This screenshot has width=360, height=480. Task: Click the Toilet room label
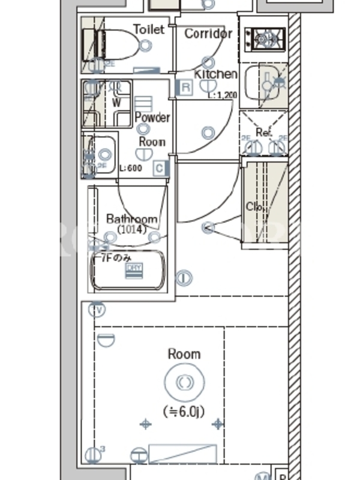(x=148, y=29)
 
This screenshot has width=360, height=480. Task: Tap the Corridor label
(x=208, y=34)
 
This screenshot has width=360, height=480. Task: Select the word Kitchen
(x=215, y=74)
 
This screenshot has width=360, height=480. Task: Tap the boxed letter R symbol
(x=186, y=88)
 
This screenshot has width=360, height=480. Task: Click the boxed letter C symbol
(x=159, y=169)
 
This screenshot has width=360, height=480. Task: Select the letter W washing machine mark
(x=116, y=103)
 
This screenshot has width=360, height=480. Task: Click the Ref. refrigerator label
(x=264, y=132)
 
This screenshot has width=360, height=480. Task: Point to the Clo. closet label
(x=254, y=207)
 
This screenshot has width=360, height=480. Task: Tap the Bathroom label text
(x=132, y=219)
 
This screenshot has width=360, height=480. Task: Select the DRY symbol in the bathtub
(x=134, y=271)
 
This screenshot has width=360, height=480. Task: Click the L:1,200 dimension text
(x=222, y=95)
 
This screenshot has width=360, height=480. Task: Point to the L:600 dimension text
(x=131, y=169)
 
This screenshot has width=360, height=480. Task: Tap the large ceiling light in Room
(x=184, y=382)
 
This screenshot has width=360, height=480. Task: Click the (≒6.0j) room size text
(x=184, y=412)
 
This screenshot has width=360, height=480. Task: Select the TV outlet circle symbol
(x=96, y=310)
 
